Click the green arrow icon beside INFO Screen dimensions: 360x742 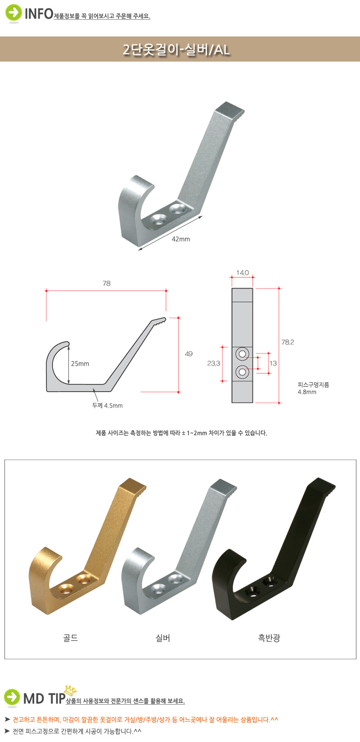click(x=13, y=13)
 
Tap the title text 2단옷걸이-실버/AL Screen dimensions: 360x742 click(x=176, y=49)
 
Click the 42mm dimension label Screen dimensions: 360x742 click(x=180, y=239)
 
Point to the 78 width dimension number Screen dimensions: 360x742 click(x=106, y=283)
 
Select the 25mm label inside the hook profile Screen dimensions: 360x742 click(x=80, y=364)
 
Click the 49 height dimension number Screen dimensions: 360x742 click(x=189, y=354)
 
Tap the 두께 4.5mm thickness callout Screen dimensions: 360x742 click(x=108, y=406)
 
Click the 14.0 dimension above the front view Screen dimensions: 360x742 click(x=242, y=273)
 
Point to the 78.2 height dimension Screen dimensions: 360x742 click(x=288, y=342)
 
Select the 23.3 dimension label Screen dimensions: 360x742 click(x=213, y=363)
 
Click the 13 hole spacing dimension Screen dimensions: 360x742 click(x=273, y=363)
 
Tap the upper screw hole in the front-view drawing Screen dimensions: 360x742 click(x=242, y=354)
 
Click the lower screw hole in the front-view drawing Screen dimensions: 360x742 click(x=242, y=372)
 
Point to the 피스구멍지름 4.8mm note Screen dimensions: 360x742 click(x=313, y=388)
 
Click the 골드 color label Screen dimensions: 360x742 click(x=70, y=638)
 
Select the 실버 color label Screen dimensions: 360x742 click(x=163, y=638)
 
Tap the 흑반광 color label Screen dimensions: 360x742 click(x=269, y=638)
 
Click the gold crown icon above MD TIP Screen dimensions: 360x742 click(x=70, y=691)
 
